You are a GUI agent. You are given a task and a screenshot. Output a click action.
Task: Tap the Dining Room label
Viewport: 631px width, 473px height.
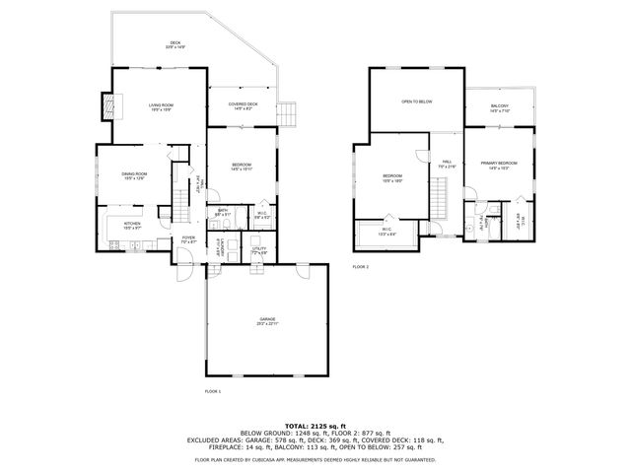pos(134,175)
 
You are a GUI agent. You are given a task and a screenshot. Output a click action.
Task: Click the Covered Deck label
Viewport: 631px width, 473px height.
pos(244,105)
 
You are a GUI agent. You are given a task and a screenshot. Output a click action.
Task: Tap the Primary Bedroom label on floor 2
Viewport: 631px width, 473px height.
pos(499,164)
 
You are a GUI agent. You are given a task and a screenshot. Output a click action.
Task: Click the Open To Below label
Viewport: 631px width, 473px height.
pos(416,101)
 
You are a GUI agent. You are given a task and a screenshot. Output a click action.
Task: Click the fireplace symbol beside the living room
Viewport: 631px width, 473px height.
pos(107,105)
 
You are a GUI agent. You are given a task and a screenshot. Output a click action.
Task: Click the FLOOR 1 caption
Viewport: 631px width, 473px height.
pos(213,391)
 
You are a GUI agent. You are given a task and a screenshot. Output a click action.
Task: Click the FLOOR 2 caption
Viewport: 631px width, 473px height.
pos(361,267)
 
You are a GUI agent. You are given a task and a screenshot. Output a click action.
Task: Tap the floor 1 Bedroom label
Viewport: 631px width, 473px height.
pos(242,166)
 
